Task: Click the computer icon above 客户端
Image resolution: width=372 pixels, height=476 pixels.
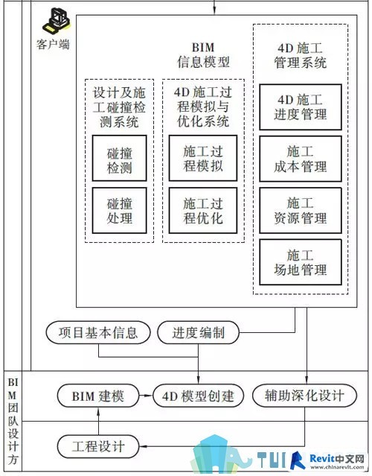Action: [x=57, y=21]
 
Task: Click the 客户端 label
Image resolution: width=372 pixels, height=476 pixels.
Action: [x=53, y=44]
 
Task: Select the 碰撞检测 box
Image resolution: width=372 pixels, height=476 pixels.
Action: [x=120, y=158]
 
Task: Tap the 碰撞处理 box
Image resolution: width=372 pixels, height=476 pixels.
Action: [x=120, y=210]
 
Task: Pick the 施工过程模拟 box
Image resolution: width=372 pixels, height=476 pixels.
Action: [x=203, y=158]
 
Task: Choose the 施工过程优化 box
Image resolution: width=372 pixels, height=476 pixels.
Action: [x=203, y=210]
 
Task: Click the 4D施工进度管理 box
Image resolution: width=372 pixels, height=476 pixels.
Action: [x=301, y=107]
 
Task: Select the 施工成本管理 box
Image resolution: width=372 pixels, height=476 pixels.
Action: [x=301, y=159]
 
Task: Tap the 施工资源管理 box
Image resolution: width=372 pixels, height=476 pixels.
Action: [x=301, y=210]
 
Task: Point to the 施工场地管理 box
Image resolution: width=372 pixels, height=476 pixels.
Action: [x=301, y=262]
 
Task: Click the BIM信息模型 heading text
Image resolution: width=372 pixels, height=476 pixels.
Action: [x=203, y=55]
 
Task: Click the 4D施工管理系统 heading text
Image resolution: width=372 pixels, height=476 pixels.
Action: [x=301, y=56]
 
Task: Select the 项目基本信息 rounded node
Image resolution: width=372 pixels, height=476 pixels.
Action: [x=98, y=333]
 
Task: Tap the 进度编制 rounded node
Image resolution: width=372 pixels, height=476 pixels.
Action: [x=199, y=333]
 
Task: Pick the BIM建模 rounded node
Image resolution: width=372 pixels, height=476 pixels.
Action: [x=98, y=396]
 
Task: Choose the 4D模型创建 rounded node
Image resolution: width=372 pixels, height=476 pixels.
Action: [x=199, y=396]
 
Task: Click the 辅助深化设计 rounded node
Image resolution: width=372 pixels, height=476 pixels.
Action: [x=304, y=396]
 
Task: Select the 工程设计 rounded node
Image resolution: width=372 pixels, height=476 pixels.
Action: [x=98, y=446]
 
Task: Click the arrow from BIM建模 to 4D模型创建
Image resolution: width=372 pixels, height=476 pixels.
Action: [x=146, y=396]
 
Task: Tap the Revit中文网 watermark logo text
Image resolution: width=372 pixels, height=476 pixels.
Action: [x=337, y=458]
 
